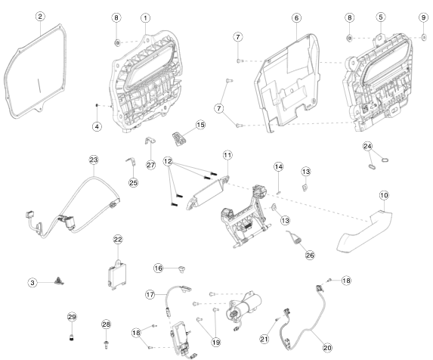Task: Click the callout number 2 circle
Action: [40, 17]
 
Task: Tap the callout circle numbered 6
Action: [296, 18]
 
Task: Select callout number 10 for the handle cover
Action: [384, 195]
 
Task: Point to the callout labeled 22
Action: [118, 240]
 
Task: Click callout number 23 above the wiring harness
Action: [94, 160]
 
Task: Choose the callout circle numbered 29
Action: [72, 317]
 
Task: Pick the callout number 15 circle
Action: [201, 125]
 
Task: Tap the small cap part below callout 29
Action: [72, 337]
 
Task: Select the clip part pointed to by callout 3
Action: [59, 281]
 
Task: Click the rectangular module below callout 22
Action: [117, 275]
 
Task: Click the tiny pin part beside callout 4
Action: [97, 105]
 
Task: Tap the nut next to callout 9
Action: [424, 37]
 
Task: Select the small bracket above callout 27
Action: [150, 141]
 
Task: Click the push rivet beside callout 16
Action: [181, 268]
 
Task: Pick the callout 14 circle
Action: [279, 167]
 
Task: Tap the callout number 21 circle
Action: [264, 339]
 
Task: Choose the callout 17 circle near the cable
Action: [150, 294]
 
